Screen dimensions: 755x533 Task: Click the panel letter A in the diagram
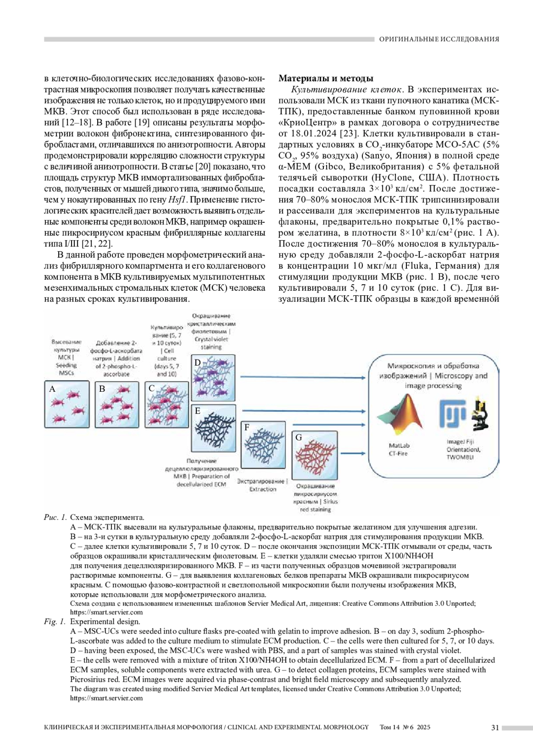click(x=52, y=389)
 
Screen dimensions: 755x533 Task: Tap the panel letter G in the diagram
click(x=298, y=438)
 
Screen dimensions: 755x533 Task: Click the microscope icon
click(x=480, y=413)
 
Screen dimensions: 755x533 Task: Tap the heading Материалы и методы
click(x=326, y=79)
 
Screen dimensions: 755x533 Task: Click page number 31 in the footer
click(x=495, y=727)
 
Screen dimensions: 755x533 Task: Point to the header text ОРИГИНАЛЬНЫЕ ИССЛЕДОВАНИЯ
click(x=439, y=39)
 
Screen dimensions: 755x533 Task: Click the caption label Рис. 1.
click(x=55, y=517)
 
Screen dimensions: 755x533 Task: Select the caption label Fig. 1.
click(x=55, y=622)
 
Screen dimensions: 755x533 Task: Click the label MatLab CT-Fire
click(x=398, y=450)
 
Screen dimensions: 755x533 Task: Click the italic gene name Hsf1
click(x=178, y=200)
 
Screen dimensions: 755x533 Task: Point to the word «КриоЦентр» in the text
click(x=304, y=123)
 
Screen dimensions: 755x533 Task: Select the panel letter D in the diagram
click(x=198, y=362)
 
